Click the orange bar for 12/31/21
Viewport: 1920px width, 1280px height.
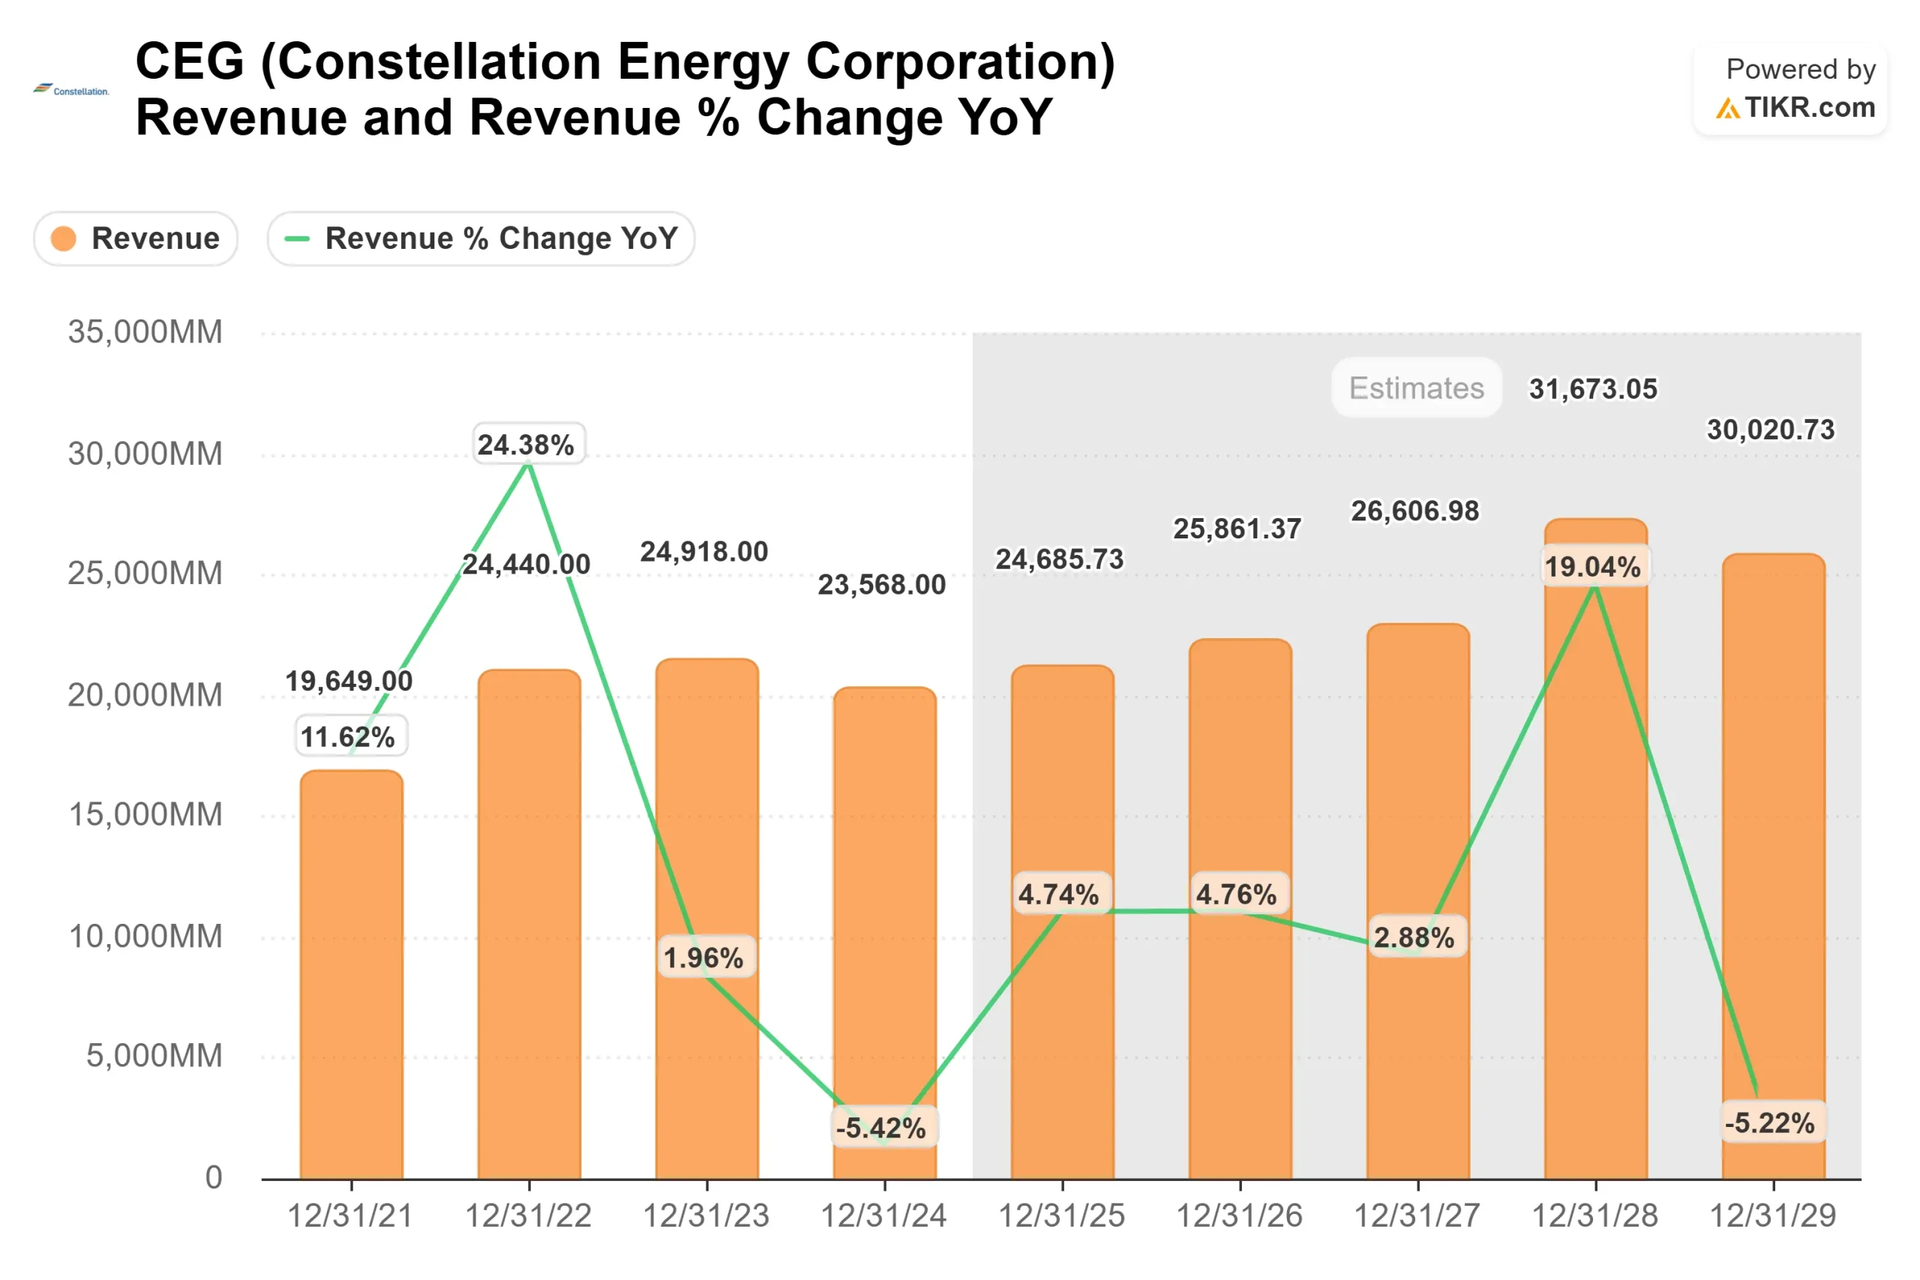click(351, 979)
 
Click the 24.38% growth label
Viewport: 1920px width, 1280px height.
click(526, 445)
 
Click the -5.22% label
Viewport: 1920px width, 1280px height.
click(1769, 1123)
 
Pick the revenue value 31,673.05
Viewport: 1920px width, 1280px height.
click(1593, 389)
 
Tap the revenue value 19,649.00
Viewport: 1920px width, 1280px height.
click(349, 681)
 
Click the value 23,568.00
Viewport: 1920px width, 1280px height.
click(882, 584)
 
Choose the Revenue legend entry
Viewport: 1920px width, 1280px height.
click(136, 238)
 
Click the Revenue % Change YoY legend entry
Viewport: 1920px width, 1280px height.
click(481, 238)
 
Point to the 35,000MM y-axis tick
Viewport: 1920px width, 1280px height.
click(145, 332)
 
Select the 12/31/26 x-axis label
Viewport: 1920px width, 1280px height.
click(1238, 1216)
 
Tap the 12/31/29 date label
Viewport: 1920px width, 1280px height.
click(1772, 1216)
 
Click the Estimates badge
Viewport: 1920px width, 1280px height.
click(1416, 388)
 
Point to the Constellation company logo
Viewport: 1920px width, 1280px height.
click(71, 90)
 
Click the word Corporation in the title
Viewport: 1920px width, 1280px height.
click(960, 62)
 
